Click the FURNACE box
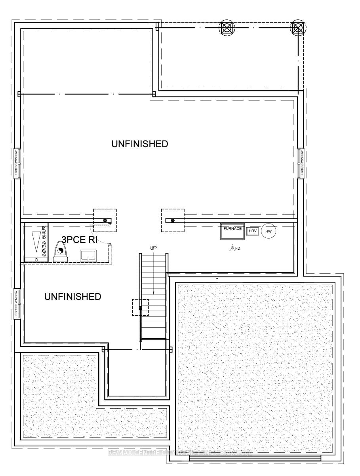tap(232, 231)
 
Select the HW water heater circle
tap(269, 231)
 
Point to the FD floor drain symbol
tap(232, 248)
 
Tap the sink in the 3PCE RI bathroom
tap(87, 255)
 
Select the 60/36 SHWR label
tap(43, 239)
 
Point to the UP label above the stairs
tap(154, 248)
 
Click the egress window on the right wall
tap(301, 163)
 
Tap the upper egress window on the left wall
tap(17, 163)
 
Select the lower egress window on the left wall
tap(17, 304)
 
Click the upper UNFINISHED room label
tap(139, 144)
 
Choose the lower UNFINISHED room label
tap(72, 297)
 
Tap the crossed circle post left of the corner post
tap(227, 27)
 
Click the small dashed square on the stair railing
tap(140, 307)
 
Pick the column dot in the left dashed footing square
tap(105, 220)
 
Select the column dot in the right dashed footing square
tap(173, 220)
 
